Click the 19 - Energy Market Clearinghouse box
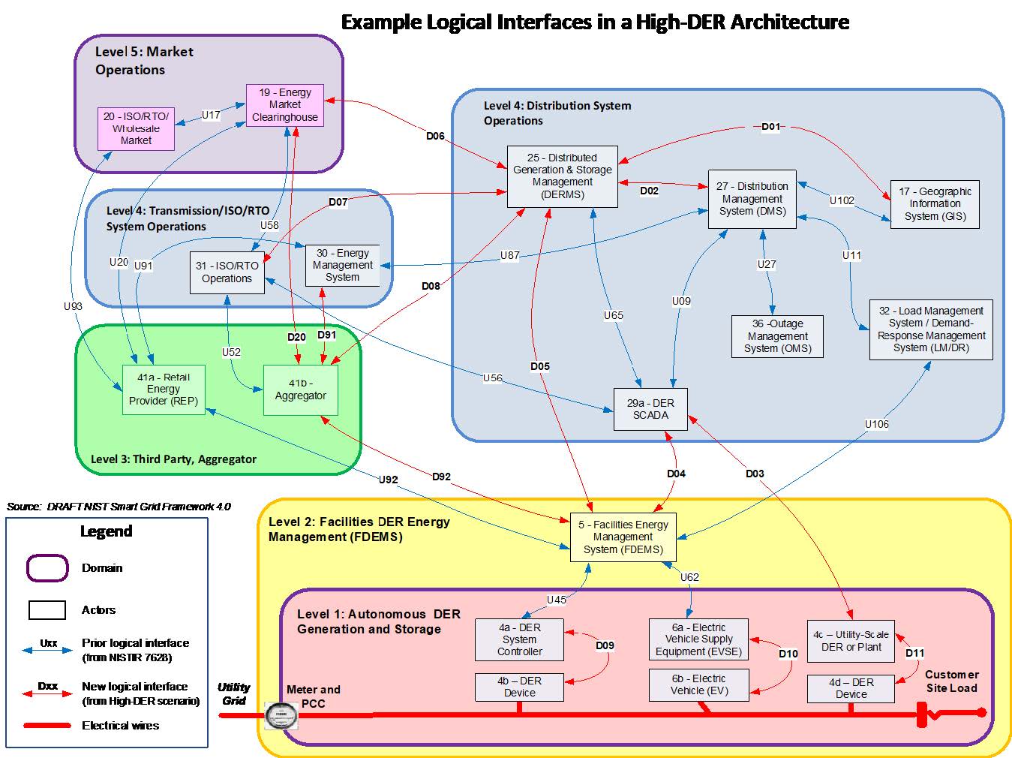(x=285, y=104)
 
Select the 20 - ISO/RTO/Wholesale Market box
(x=136, y=128)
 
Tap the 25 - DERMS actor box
(x=562, y=176)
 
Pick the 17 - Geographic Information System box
(x=935, y=204)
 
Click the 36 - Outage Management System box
(x=777, y=336)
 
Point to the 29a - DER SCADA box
(x=650, y=409)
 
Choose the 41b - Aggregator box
(x=300, y=390)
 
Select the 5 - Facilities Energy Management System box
(x=623, y=537)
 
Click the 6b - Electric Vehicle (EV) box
(x=699, y=684)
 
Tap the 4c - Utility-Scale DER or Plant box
(x=851, y=640)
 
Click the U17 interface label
(x=212, y=115)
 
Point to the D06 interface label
(x=435, y=136)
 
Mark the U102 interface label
(x=842, y=200)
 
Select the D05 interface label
(x=540, y=366)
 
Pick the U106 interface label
(x=876, y=424)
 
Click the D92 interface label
(x=442, y=477)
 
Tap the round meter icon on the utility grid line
(x=281, y=715)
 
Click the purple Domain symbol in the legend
(x=47, y=568)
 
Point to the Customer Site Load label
(x=951, y=681)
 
